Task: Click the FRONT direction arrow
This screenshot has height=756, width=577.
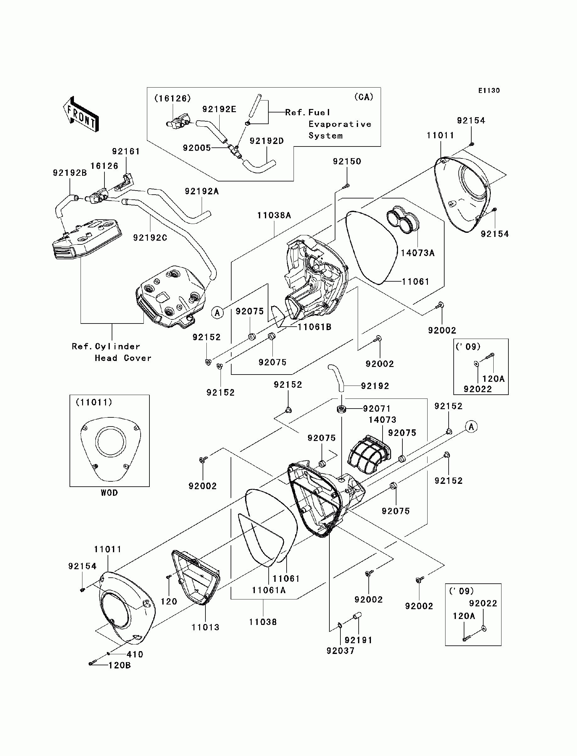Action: pyautogui.click(x=81, y=114)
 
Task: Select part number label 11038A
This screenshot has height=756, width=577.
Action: pyautogui.click(x=274, y=215)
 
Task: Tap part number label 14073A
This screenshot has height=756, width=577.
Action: pyautogui.click(x=417, y=253)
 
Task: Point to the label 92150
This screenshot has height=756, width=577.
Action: pyautogui.click(x=347, y=161)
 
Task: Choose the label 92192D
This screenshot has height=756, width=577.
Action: pyautogui.click(x=266, y=141)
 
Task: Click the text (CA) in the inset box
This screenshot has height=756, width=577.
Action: pyautogui.click(x=363, y=97)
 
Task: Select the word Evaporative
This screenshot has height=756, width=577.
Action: pyautogui.click(x=340, y=124)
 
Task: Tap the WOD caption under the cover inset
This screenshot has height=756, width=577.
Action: pyautogui.click(x=109, y=493)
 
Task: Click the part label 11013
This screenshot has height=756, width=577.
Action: pyautogui.click(x=205, y=627)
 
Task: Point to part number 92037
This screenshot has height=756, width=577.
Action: pyautogui.click(x=340, y=650)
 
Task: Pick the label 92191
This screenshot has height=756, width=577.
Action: pyautogui.click(x=358, y=640)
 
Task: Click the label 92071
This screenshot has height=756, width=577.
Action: pyautogui.click(x=377, y=409)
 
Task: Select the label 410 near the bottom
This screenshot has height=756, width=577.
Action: pyautogui.click(x=135, y=654)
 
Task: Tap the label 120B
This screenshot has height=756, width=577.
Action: pyautogui.click(x=120, y=665)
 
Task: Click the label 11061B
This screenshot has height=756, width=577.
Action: pyautogui.click(x=314, y=327)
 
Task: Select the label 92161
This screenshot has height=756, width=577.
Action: pyautogui.click(x=126, y=151)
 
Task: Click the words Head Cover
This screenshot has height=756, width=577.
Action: pyautogui.click(x=123, y=358)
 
